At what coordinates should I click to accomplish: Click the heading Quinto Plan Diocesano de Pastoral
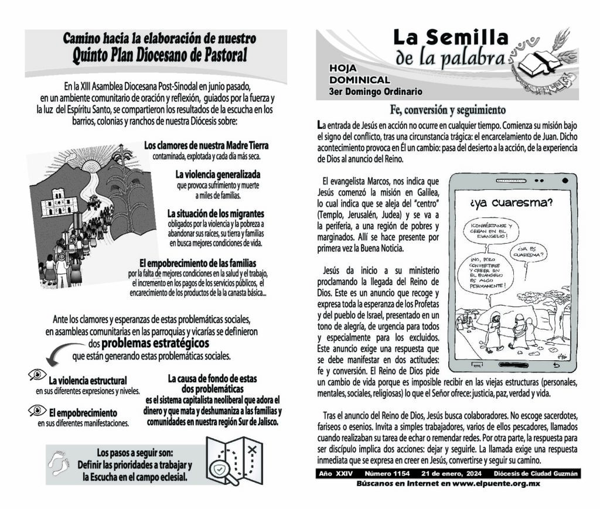tap(159, 56)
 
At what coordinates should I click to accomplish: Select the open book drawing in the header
tap(536, 64)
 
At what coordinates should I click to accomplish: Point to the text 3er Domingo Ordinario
tap(375, 91)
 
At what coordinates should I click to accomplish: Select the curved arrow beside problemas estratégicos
tap(63, 352)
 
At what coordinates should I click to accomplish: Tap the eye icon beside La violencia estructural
tap(37, 374)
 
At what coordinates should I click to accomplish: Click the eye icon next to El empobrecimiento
tap(37, 411)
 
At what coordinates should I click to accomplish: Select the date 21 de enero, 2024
tap(449, 473)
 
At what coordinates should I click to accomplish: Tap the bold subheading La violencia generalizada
tap(217, 175)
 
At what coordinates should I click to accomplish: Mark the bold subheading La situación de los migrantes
tap(216, 213)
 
